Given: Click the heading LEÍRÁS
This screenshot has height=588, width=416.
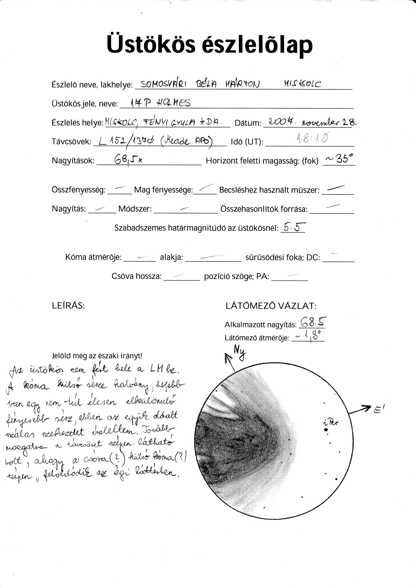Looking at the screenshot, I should click(68, 305).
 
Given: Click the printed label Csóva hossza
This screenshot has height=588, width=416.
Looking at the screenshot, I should click(136, 276).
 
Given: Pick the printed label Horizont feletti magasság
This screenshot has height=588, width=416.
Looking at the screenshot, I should click(262, 161).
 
